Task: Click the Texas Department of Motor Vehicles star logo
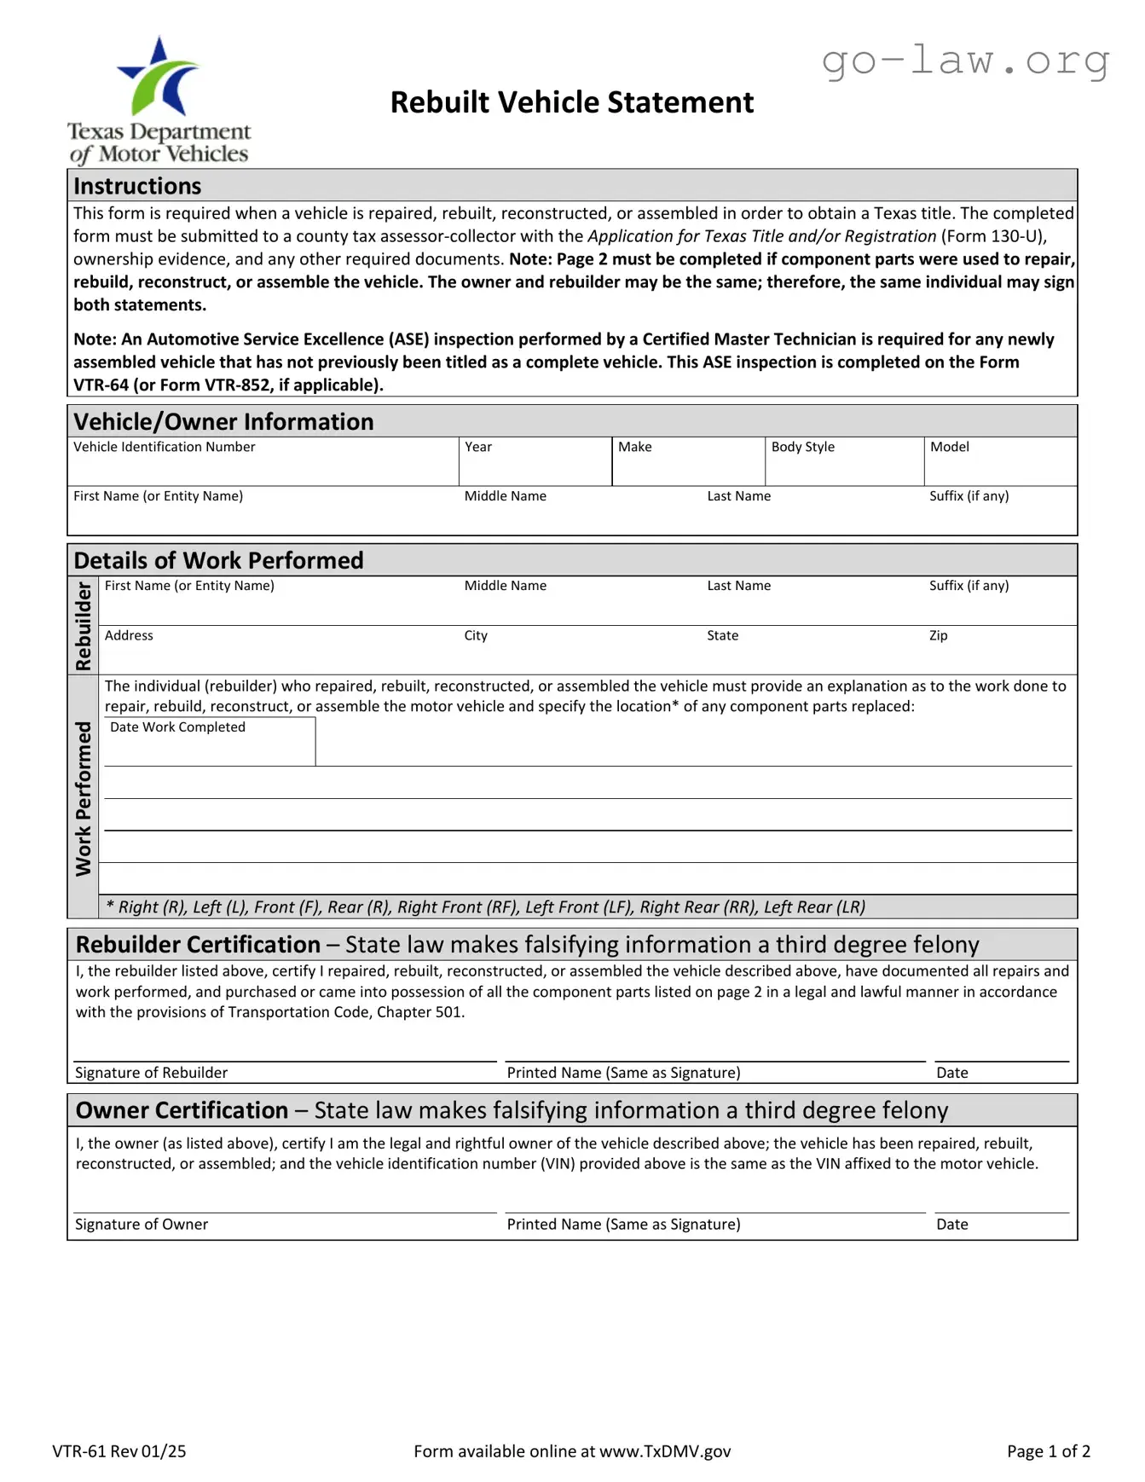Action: (159, 79)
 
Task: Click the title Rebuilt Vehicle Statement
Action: (571, 102)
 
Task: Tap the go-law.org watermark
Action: (965, 61)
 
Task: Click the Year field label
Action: (478, 447)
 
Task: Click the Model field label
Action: (949, 447)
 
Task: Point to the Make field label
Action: (634, 447)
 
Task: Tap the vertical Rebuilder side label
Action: (83, 626)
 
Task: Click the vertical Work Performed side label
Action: (83, 798)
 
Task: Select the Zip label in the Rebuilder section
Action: (938, 635)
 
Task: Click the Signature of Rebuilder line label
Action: (151, 1073)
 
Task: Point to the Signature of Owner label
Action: (142, 1224)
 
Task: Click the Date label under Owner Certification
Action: (951, 1224)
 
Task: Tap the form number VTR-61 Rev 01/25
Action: (119, 1451)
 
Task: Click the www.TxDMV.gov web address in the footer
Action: (664, 1451)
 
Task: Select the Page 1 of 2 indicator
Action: (1048, 1451)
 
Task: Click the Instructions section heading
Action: (137, 186)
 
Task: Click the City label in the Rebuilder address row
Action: (476, 635)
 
